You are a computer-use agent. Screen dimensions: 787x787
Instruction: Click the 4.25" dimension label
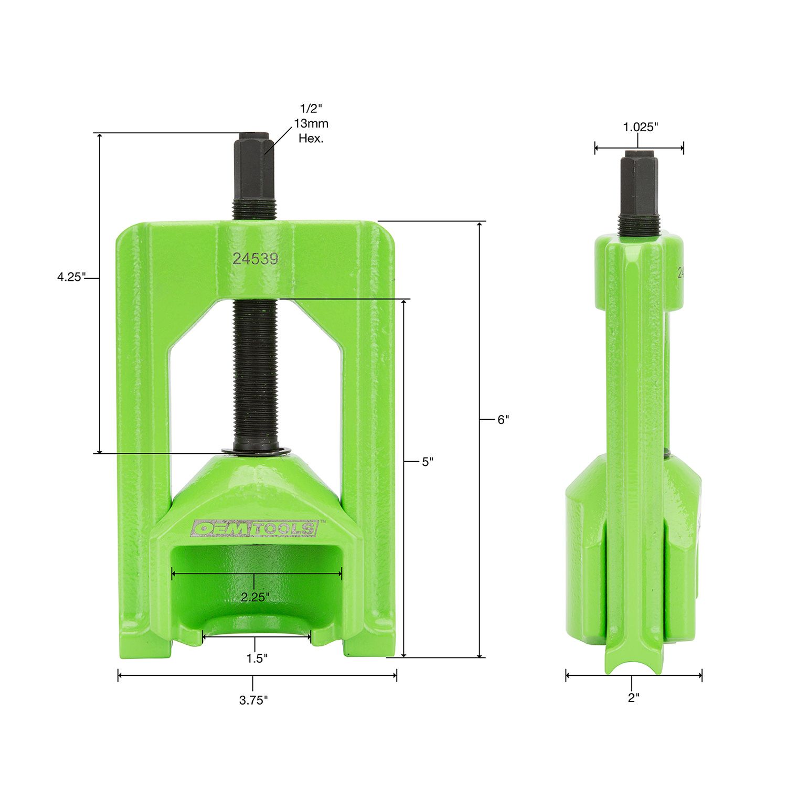click(x=71, y=277)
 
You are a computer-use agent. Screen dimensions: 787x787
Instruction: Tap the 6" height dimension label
click(x=503, y=419)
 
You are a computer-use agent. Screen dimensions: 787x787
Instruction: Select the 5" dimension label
click(x=428, y=462)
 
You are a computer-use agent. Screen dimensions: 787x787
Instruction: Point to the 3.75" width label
click(x=254, y=700)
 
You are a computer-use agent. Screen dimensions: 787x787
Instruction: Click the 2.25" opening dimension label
click(x=255, y=597)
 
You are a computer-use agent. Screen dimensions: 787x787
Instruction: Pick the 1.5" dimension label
click(x=257, y=658)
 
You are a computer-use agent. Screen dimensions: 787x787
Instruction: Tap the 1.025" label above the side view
click(x=640, y=127)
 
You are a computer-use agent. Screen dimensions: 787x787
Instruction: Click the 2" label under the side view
click(x=634, y=698)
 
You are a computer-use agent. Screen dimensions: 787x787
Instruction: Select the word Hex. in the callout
click(x=311, y=139)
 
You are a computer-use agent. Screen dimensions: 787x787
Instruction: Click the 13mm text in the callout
click(x=311, y=124)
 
